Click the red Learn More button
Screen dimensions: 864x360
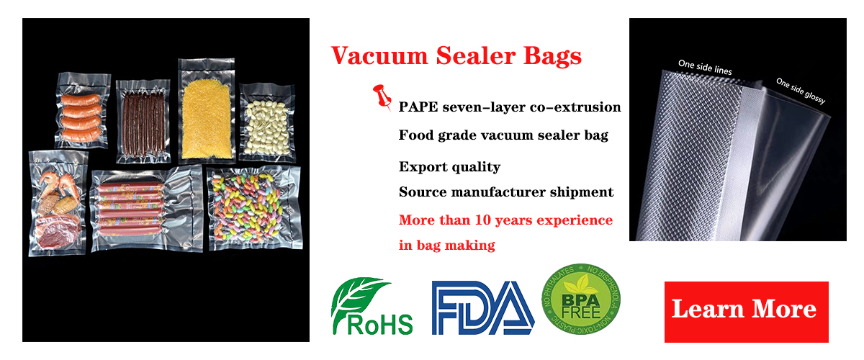click(746, 312)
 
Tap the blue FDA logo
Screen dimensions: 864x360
click(483, 307)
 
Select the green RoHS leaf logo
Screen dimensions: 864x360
click(372, 305)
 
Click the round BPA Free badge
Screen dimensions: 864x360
click(581, 299)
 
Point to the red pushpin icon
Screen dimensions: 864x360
click(382, 97)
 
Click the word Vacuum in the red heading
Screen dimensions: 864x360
click(379, 56)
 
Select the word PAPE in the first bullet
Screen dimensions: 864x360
click(418, 107)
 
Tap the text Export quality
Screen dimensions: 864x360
click(449, 167)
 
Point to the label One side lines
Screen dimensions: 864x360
click(705, 67)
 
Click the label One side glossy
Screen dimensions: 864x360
click(801, 91)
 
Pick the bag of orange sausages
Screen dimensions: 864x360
click(82, 111)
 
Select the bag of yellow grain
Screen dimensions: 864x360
click(207, 111)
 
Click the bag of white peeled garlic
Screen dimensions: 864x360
click(267, 123)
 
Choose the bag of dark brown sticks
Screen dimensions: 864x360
click(143, 121)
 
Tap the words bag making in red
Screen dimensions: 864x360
click(456, 246)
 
